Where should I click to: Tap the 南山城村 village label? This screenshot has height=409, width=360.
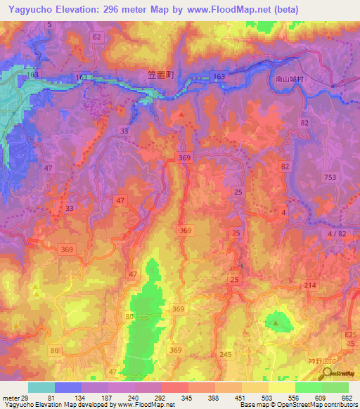[290, 80]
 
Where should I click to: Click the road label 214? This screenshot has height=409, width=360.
[311, 285]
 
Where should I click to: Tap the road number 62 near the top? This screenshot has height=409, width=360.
[97, 37]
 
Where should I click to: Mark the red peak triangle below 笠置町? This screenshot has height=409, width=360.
[182, 114]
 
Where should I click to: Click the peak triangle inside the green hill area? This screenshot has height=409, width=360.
[276, 323]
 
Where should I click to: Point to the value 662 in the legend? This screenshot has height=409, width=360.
[345, 397]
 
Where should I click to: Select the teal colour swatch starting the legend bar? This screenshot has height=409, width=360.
[41, 387]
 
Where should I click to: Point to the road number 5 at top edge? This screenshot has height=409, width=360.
[50, 25]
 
